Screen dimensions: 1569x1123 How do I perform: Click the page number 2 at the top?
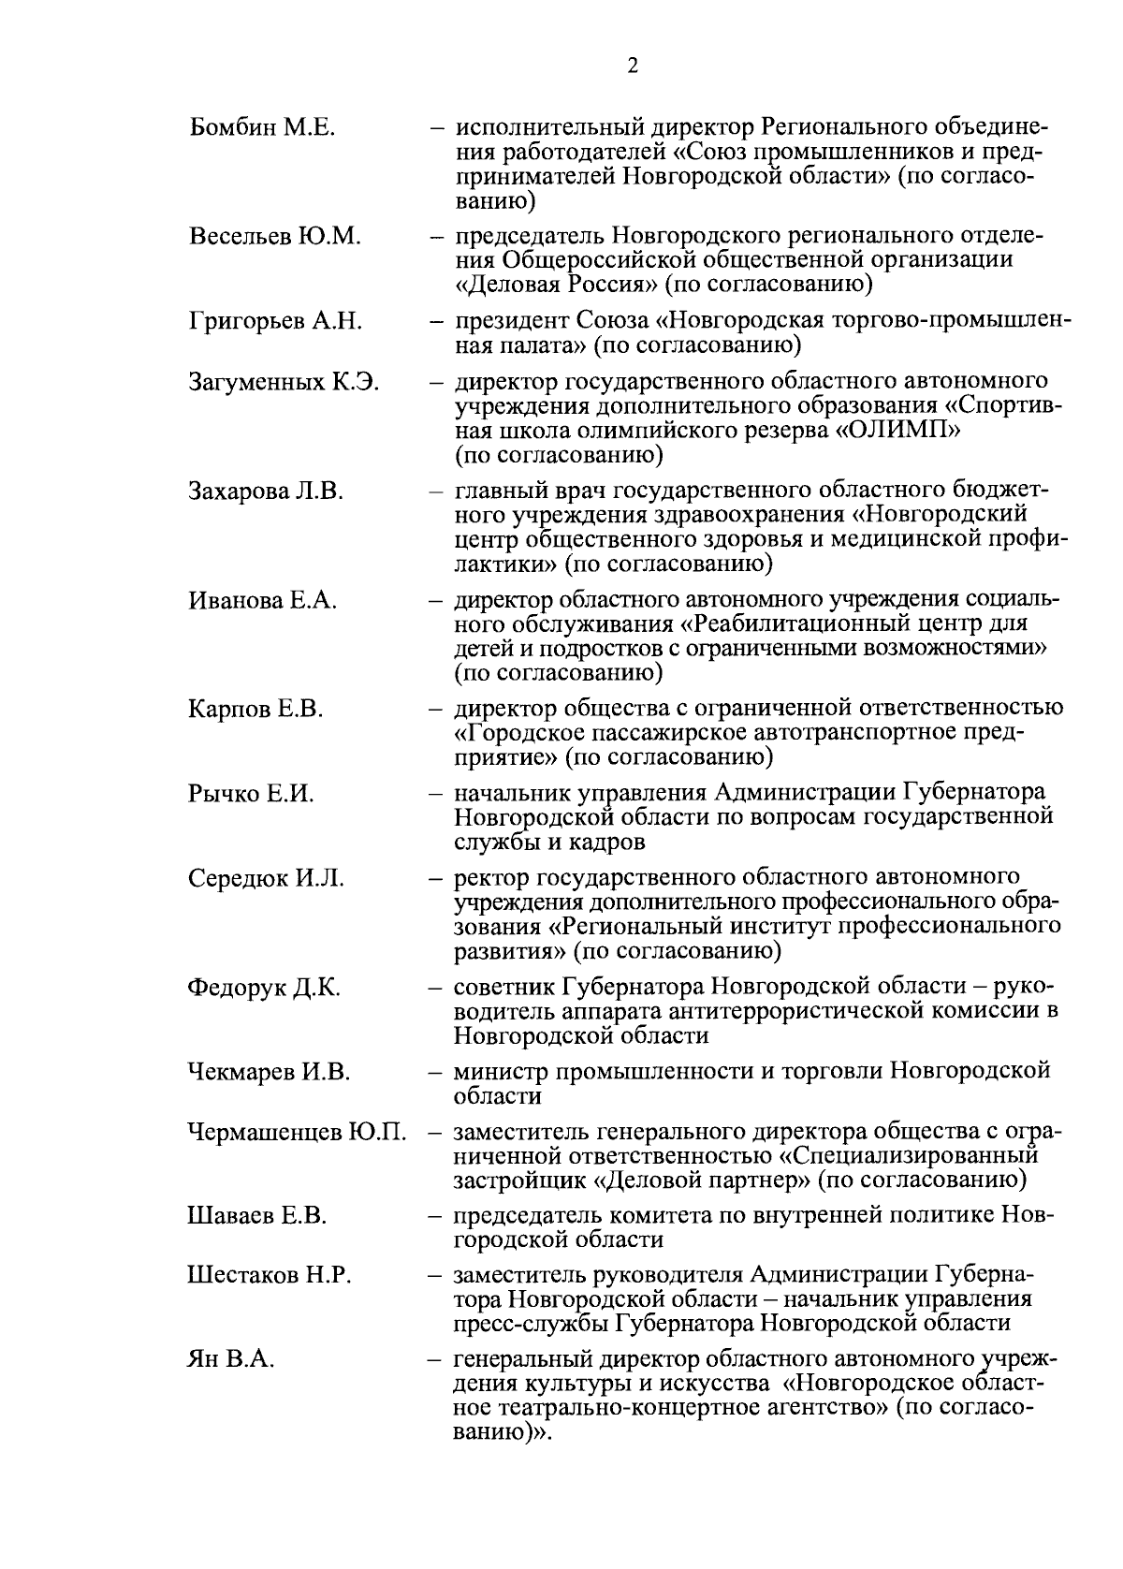[x=633, y=66]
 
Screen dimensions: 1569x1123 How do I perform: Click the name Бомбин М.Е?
[x=261, y=127]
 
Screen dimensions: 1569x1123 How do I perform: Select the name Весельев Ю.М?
[x=274, y=237]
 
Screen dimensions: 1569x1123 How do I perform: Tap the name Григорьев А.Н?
[x=275, y=322]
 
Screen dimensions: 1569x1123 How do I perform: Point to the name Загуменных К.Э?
[x=284, y=383]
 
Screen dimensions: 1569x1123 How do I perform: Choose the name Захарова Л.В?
[x=266, y=491]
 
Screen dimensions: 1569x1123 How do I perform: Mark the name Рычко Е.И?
[x=251, y=795]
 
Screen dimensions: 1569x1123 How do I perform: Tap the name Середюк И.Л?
[x=266, y=879]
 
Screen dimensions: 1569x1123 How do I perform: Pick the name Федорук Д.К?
[x=264, y=989]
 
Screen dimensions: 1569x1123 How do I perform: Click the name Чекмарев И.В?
[x=269, y=1073]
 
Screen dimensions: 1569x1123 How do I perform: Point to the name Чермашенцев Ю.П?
[x=297, y=1133]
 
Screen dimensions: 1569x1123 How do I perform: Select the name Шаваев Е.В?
[x=256, y=1217]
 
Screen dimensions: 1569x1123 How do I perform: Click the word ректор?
[x=491, y=880]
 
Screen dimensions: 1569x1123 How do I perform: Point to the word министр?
[x=500, y=1073]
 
